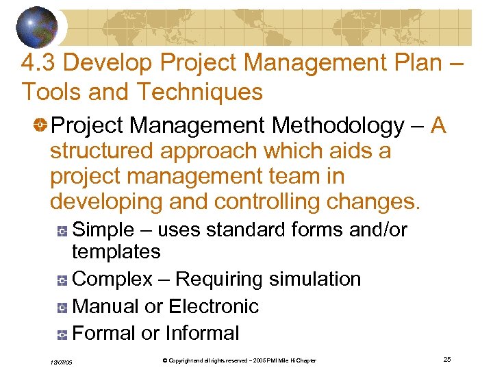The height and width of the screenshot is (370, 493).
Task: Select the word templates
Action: pyautogui.click(x=116, y=251)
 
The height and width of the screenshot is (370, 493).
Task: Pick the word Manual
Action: pyautogui.click(x=105, y=306)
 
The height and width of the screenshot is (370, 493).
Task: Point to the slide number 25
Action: pyautogui.click(x=446, y=359)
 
